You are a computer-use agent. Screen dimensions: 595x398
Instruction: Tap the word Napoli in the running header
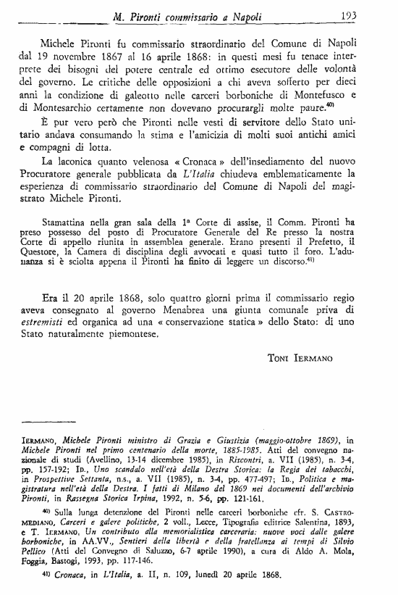(x=244, y=15)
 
